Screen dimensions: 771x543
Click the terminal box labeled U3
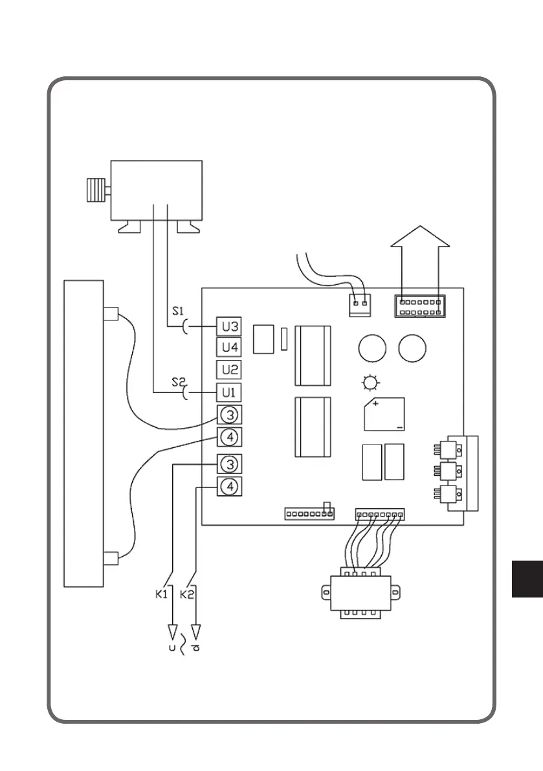click(230, 327)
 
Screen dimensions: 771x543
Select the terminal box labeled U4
click(230, 348)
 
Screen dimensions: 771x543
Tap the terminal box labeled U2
click(230, 370)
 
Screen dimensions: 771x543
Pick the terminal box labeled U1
click(230, 392)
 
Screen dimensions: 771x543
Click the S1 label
click(178, 311)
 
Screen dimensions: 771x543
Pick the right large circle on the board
click(412, 349)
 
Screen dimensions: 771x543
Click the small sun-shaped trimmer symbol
click(370, 384)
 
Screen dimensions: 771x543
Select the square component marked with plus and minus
click(384, 414)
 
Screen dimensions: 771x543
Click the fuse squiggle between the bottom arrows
click(183, 645)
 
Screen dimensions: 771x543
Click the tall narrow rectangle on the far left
click(83, 433)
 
